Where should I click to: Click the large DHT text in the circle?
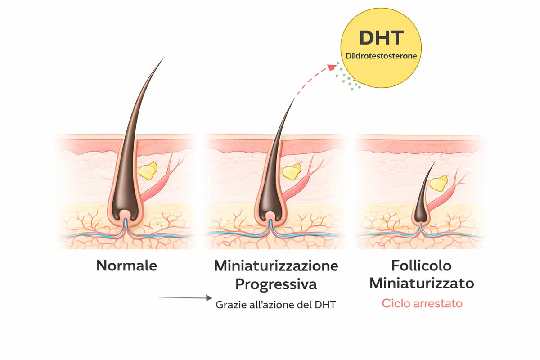tap(382, 38)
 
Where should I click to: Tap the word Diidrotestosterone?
tap(381, 56)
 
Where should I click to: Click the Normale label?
tap(126, 265)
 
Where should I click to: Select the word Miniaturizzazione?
tap(276, 265)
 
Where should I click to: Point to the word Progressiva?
tap(276, 284)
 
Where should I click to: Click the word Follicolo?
tap(421, 265)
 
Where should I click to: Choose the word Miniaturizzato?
tap(422, 283)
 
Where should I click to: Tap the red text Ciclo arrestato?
tap(422, 303)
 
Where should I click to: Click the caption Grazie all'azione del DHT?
tap(276, 305)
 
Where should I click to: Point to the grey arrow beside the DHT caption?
tap(185, 298)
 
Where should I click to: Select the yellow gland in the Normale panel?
tap(148, 171)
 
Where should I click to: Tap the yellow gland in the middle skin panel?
tap(292, 171)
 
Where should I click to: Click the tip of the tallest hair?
tap(164, 58)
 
